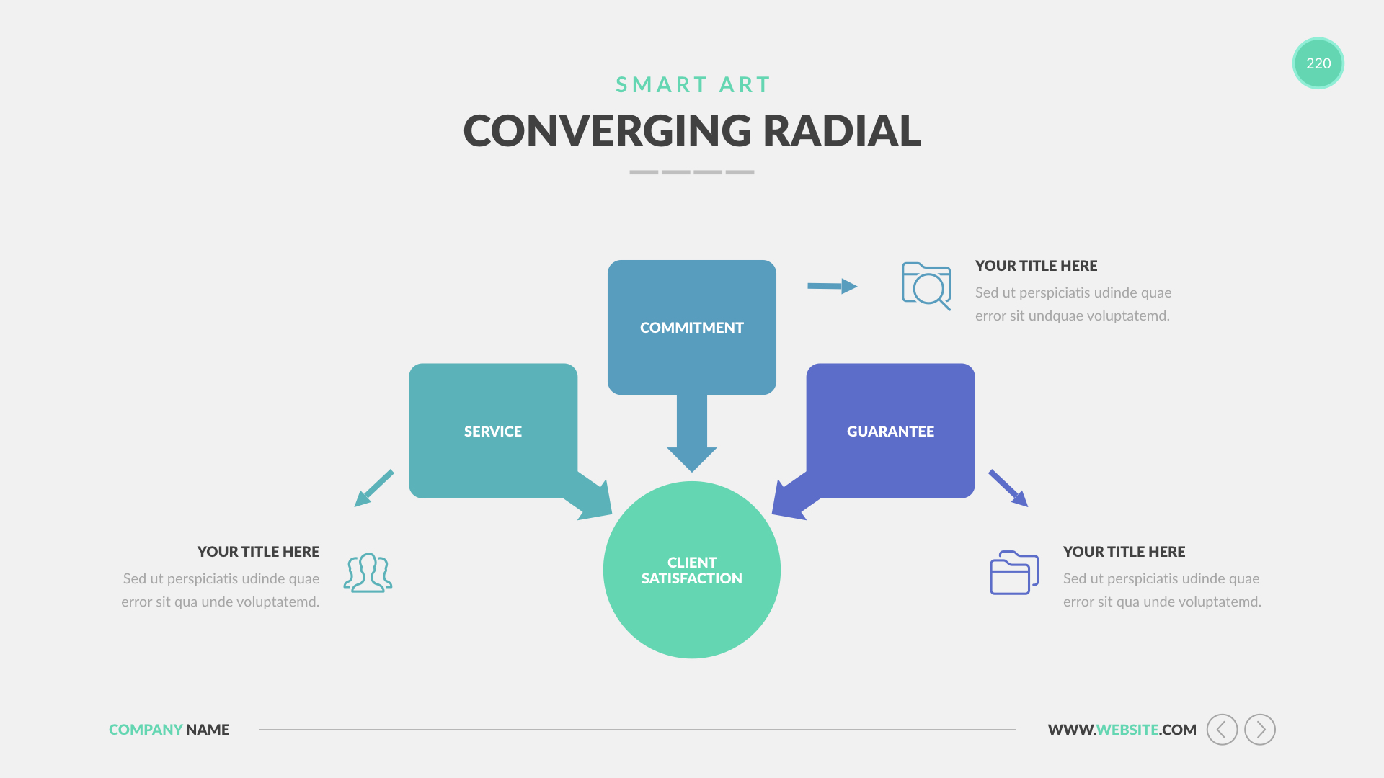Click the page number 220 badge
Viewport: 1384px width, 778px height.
coord(1318,63)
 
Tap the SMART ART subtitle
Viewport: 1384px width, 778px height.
coord(693,85)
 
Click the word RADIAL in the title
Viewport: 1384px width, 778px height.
coord(841,131)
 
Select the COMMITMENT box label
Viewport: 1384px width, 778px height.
coord(691,328)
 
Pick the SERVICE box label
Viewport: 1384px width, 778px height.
coord(492,432)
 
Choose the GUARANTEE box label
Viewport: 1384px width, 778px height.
coord(890,432)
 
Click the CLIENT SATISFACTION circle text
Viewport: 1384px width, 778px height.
coord(691,571)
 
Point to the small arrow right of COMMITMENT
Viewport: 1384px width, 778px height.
coord(832,286)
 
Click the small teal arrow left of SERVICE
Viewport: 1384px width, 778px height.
coord(374,488)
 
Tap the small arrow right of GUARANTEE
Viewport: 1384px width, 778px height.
coord(1008,488)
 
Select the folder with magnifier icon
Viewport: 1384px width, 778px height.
coord(926,286)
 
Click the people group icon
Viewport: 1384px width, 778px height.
coord(368,573)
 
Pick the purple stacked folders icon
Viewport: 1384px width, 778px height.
coord(1013,573)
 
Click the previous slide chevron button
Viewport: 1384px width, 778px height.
coord(1222,730)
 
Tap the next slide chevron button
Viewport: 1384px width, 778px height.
coord(1260,730)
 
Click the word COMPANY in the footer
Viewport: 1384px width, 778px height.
coord(146,730)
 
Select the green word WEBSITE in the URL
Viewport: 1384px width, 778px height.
coord(1127,730)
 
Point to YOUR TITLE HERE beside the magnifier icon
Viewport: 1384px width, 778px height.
coord(1036,266)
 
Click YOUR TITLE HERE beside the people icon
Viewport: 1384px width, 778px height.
coord(258,552)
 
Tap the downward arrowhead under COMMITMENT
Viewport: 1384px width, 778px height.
coord(691,458)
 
